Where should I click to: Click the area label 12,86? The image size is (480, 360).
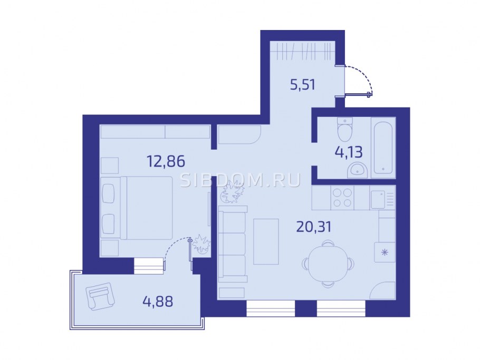[x=166, y=161]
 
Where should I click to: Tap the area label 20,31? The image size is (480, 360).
[x=314, y=227]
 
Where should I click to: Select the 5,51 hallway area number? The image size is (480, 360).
[x=302, y=84]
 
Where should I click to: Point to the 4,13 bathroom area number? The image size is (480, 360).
[x=348, y=152]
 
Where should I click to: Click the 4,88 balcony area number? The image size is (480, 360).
[x=158, y=301]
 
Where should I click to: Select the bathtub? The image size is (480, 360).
[x=383, y=148]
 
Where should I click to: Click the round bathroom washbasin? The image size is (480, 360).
[x=357, y=170]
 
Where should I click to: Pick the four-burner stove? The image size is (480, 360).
[x=342, y=198]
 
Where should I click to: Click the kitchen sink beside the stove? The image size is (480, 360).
[x=378, y=199]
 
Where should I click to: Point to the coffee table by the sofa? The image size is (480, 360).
[x=266, y=241]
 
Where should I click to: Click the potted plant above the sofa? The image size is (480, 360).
[x=233, y=192]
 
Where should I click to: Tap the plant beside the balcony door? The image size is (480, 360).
[x=201, y=244]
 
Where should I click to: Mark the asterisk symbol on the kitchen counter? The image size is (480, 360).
[x=385, y=252]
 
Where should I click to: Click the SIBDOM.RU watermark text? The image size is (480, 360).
[x=241, y=180]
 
